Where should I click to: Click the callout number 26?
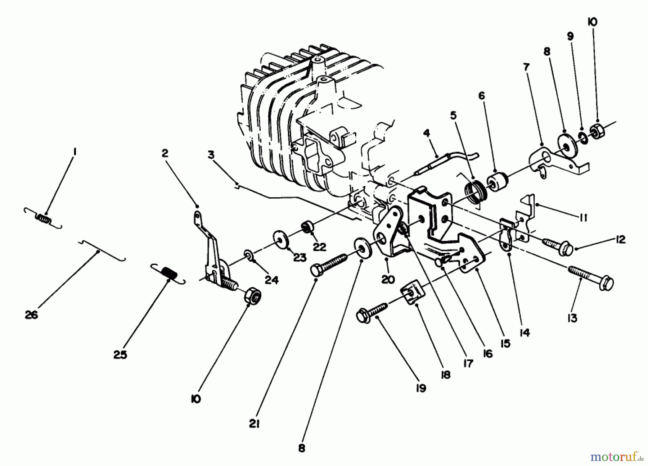tap(31, 315)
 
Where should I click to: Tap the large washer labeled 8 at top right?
tap(564, 145)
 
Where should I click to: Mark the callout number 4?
tap(426, 133)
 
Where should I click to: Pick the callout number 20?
tap(388, 280)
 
